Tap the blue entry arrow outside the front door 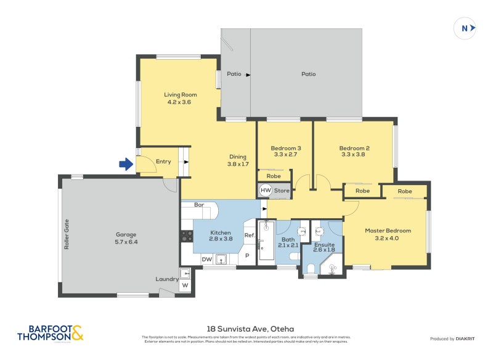pos(126,164)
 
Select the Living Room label pos(180,94)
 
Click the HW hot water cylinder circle pos(266,191)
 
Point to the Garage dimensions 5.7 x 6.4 pos(126,242)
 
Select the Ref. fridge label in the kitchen pos(250,235)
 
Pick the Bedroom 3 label pos(286,148)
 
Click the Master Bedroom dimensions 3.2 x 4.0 pos(388,239)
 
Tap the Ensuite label pos(324,245)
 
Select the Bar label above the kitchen pos(199,205)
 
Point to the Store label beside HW pos(282,191)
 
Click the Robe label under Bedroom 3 pos(274,176)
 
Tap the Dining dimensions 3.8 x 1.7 pos(238,164)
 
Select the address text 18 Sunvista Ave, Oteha pos(246,329)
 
